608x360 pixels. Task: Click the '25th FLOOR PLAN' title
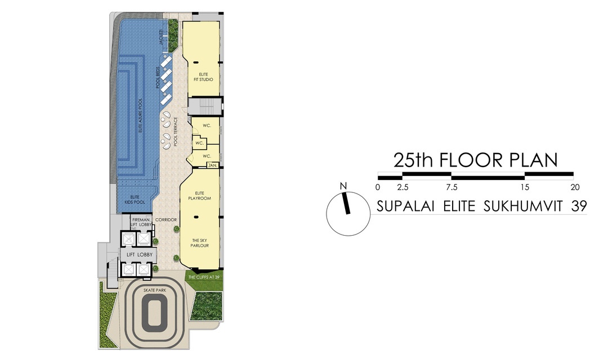tap(475, 160)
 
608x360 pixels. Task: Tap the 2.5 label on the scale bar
tap(402, 187)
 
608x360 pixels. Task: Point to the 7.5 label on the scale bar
tap(451, 187)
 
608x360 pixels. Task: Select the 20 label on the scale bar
tap(574, 187)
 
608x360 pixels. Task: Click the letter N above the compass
tap(343, 187)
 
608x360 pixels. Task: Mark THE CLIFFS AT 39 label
tap(204, 277)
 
